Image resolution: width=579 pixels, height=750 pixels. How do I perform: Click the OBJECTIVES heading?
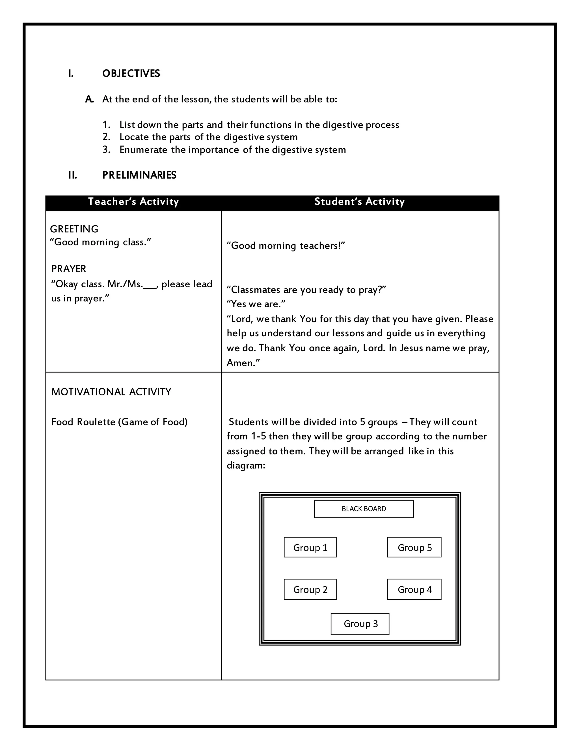pos(131,74)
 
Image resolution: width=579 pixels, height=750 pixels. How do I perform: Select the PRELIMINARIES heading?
pos(139,175)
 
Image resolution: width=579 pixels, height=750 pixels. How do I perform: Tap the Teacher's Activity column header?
pos(133,202)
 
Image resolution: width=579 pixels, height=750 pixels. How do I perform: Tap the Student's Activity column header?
pos(360,202)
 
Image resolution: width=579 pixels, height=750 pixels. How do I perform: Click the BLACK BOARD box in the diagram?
pos(364,509)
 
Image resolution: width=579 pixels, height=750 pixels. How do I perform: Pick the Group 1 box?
pos(310,547)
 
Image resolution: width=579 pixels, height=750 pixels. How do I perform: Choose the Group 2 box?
pos(310,590)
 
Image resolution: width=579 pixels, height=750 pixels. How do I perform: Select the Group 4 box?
pos(414,590)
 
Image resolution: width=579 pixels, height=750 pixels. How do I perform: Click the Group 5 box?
pos(414,547)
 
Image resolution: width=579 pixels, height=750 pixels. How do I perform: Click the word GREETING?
pos(74,229)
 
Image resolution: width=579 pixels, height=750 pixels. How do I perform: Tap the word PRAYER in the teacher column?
pos(69,269)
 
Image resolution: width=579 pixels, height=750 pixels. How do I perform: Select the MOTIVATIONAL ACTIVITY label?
pos(111,392)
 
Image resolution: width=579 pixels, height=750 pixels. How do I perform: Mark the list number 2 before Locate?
pos(106,137)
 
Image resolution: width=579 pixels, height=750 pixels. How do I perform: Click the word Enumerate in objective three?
pos(143,150)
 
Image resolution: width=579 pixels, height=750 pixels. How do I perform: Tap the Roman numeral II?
pos(72,175)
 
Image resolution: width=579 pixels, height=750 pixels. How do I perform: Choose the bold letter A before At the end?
pos(89,99)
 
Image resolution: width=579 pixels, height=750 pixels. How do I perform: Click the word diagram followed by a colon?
pos(246,466)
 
